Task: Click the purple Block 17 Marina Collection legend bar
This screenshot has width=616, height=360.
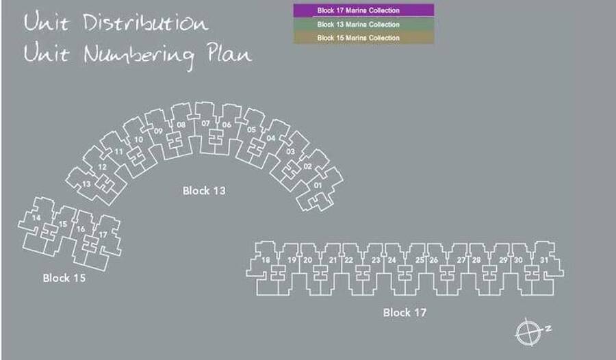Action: click(364, 11)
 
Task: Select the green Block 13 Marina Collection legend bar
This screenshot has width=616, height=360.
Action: click(364, 25)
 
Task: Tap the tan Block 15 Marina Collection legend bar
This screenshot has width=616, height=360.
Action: click(364, 38)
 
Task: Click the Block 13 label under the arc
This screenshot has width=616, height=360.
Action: click(204, 191)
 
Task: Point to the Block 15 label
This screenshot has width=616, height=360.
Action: click(64, 279)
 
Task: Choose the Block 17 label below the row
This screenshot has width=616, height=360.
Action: click(405, 313)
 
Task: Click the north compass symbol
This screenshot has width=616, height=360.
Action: click(531, 332)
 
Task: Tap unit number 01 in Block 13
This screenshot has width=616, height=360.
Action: click(318, 185)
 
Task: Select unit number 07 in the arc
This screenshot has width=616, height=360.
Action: click(205, 123)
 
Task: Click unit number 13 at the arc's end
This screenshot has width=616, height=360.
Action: click(86, 184)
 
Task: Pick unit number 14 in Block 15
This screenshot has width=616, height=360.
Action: click(36, 218)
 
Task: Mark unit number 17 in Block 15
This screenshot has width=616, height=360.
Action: click(103, 235)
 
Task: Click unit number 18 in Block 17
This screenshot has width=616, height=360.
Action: click(266, 260)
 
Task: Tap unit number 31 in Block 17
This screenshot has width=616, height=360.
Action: click(544, 260)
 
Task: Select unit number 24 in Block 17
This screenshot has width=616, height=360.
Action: click(392, 260)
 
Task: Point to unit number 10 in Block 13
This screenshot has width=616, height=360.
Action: click(139, 140)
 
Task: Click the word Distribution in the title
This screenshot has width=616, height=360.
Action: click(145, 23)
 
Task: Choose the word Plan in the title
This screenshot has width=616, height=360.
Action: click(229, 53)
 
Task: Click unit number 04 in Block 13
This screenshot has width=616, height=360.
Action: click(270, 138)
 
